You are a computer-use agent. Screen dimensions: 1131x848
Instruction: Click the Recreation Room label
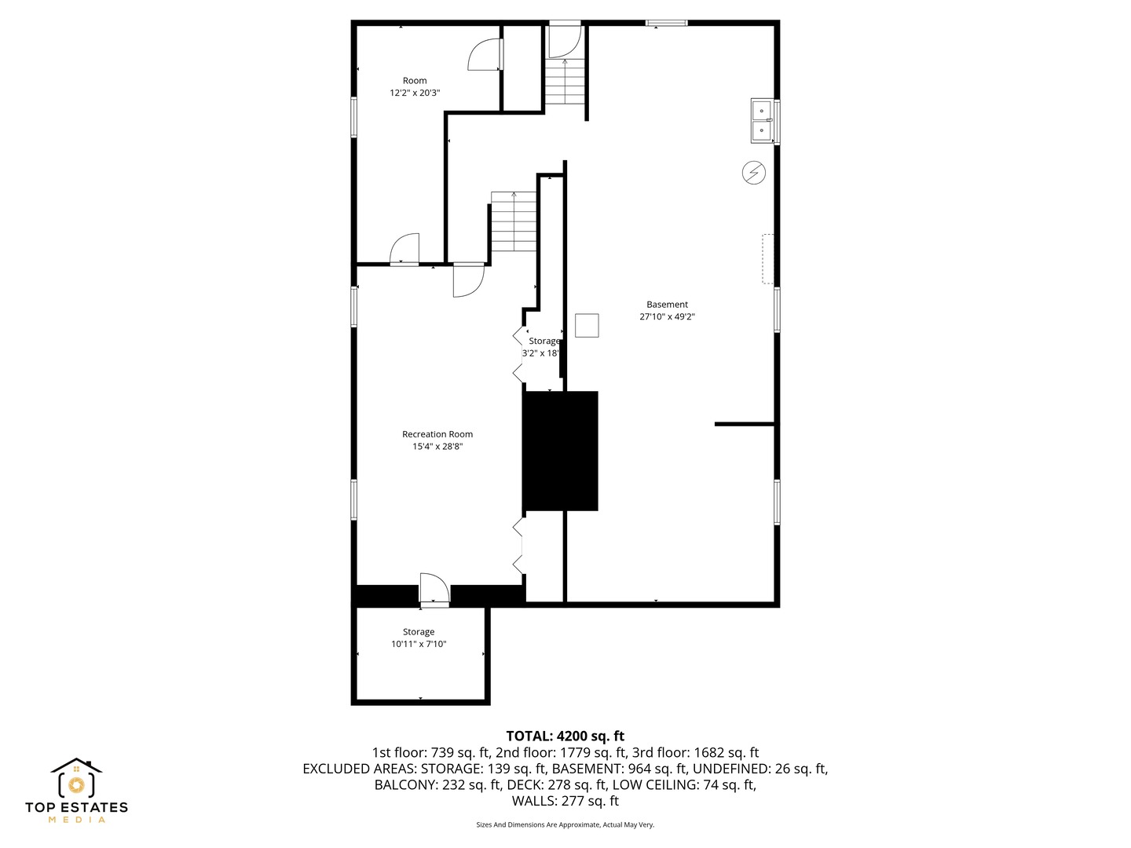[437, 434]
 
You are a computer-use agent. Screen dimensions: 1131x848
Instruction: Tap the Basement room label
[667, 305]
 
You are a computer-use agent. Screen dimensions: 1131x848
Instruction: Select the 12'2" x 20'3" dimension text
[415, 93]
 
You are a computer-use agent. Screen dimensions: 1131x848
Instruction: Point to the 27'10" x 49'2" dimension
[667, 316]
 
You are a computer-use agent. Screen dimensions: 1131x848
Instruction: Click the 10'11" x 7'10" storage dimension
[419, 644]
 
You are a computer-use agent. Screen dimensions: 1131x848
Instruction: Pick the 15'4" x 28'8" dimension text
[437, 447]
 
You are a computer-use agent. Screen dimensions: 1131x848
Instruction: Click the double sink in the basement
[762, 120]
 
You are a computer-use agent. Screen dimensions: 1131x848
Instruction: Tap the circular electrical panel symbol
[753, 173]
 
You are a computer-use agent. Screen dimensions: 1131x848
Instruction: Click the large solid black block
[561, 451]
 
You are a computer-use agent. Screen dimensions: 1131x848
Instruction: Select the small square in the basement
[587, 325]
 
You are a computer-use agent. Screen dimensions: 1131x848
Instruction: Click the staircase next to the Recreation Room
[514, 221]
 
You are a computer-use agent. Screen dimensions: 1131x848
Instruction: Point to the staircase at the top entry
[565, 82]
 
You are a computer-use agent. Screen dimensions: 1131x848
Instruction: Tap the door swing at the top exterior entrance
[565, 41]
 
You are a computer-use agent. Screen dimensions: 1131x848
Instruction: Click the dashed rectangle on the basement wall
[767, 258]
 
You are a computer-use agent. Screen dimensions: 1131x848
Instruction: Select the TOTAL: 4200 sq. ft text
[565, 736]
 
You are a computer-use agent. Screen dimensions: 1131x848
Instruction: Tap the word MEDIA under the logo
[77, 820]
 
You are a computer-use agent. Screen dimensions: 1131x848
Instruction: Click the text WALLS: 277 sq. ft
[565, 801]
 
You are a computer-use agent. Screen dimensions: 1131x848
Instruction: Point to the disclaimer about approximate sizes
[565, 824]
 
